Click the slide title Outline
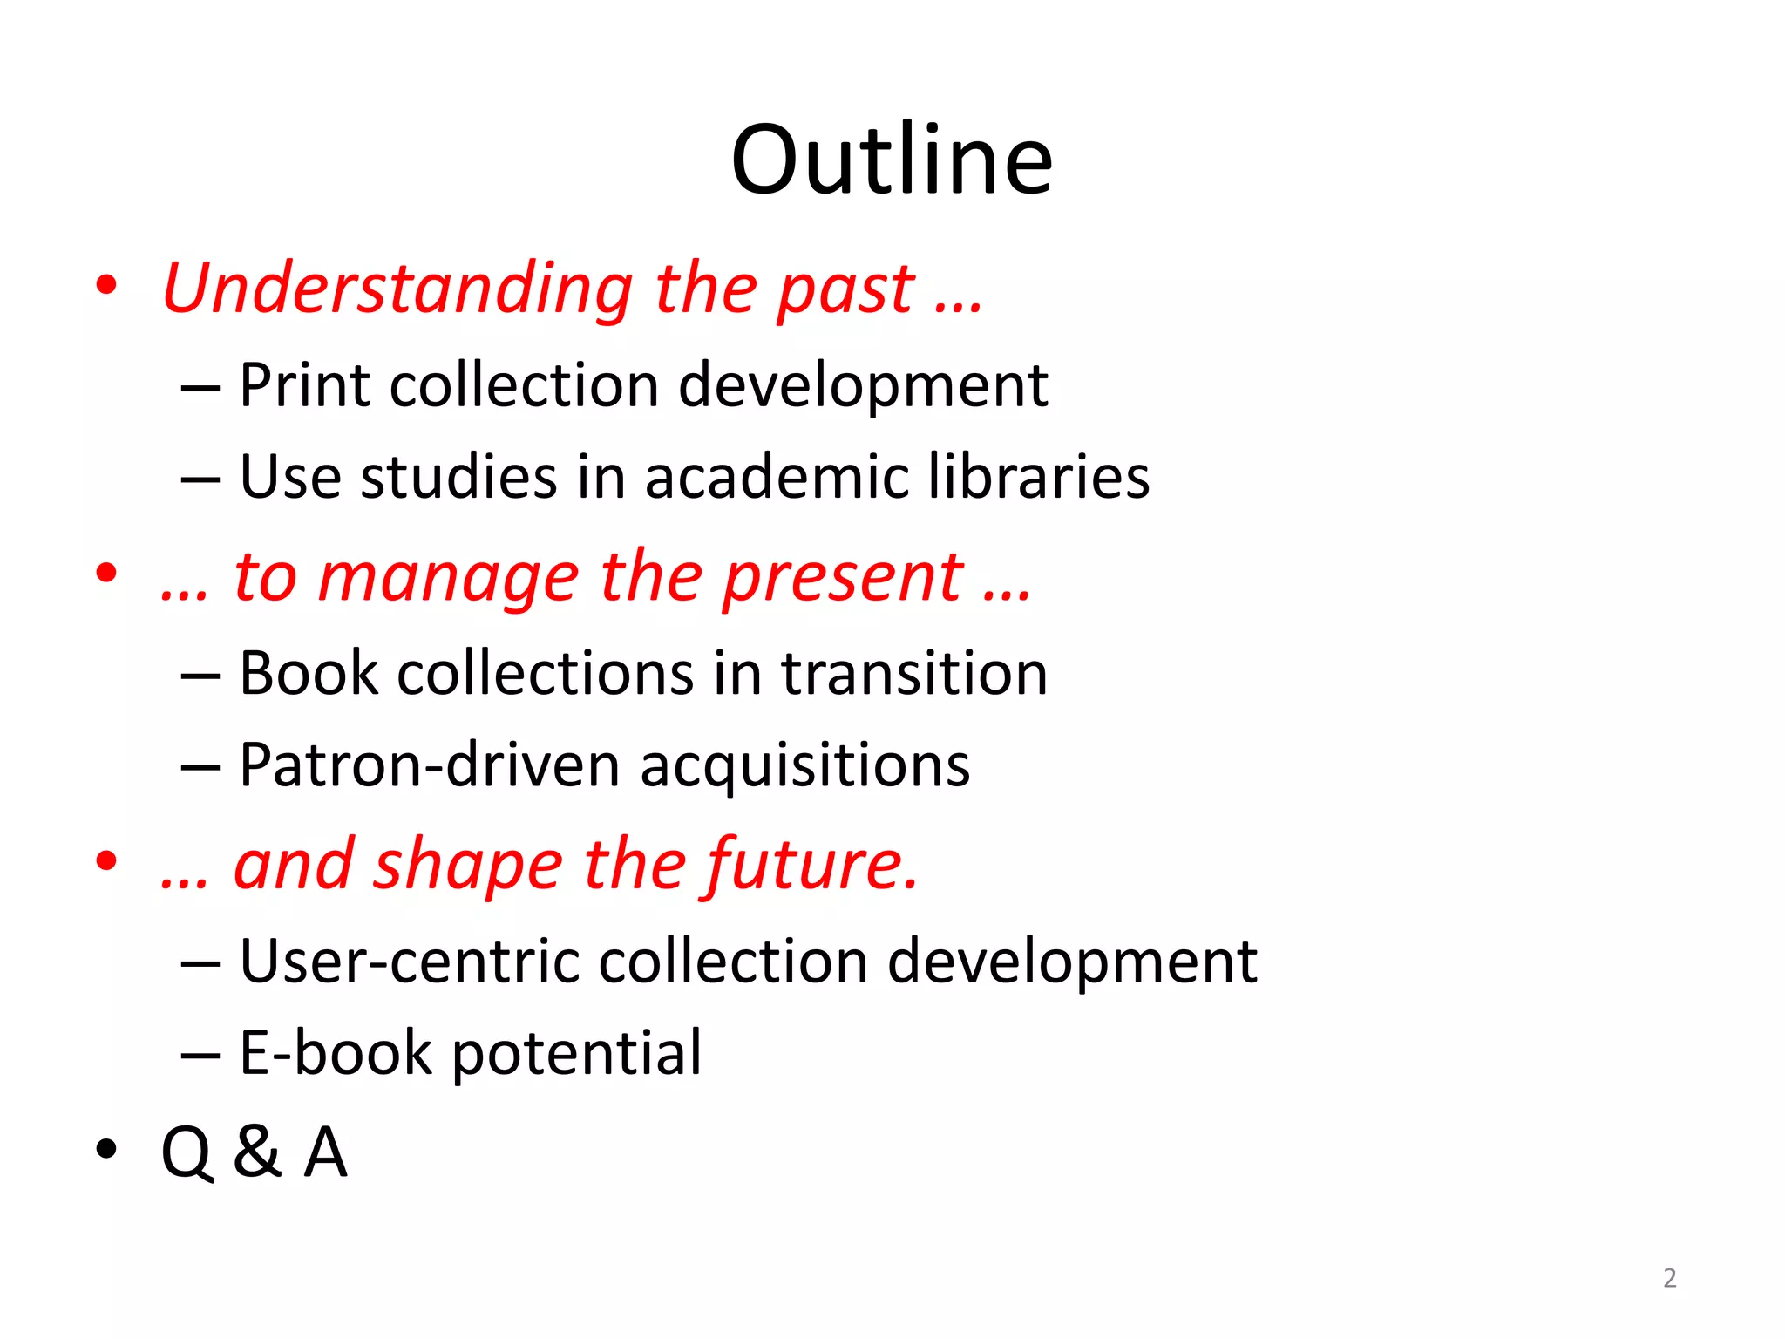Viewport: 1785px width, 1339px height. tap(892, 160)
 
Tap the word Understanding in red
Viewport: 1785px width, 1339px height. tap(397, 289)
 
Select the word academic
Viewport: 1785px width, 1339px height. tap(776, 477)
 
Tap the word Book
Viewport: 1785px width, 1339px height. tap(309, 673)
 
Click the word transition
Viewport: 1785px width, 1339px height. tap(914, 673)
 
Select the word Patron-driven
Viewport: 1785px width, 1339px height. tap(430, 765)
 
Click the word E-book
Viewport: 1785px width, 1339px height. tap(336, 1053)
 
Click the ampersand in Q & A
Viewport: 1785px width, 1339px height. tap(257, 1152)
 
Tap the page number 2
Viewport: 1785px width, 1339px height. tap(1669, 1278)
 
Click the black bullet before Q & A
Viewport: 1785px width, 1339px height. tap(106, 1149)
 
